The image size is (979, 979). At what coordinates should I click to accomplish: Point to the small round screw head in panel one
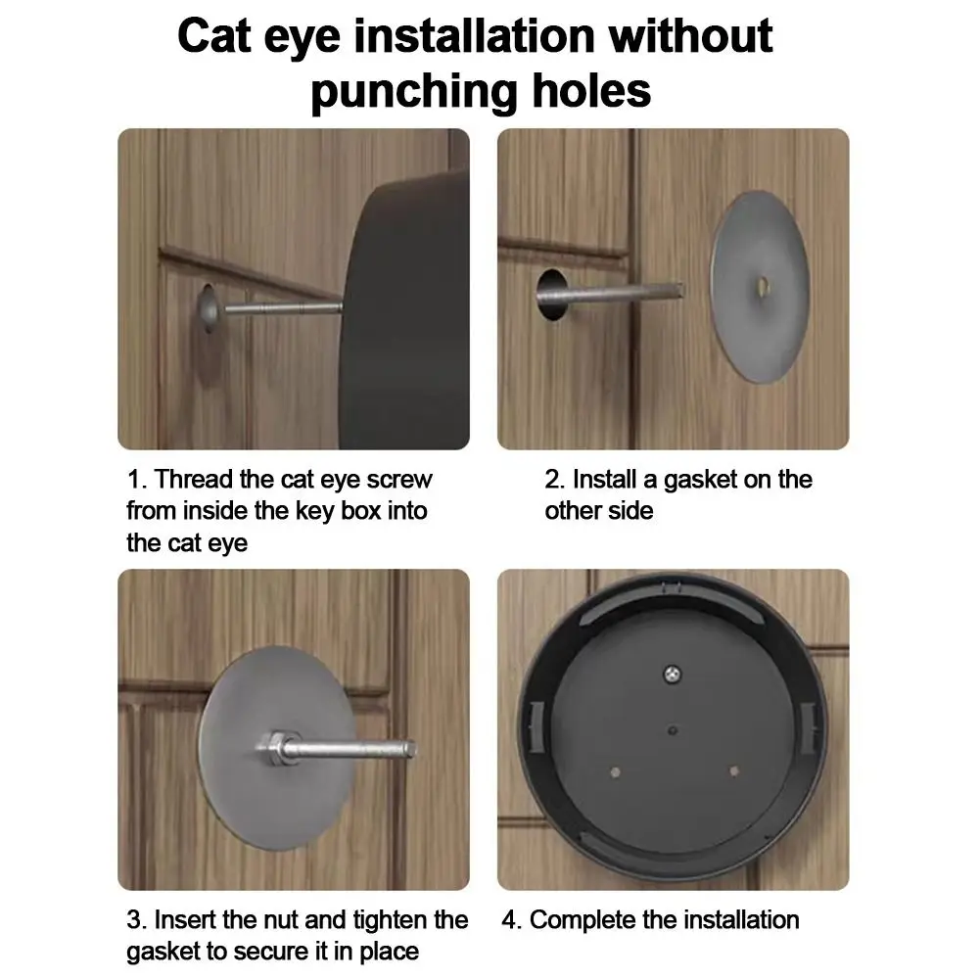[208, 310]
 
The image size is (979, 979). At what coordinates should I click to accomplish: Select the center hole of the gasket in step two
[763, 287]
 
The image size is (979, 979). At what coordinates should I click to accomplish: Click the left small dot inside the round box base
[611, 770]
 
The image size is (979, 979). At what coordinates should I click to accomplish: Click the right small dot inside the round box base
[734, 770]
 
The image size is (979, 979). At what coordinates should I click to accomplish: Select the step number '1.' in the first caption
[136, 481]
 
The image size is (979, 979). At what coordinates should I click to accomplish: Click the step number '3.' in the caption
[136, 920]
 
